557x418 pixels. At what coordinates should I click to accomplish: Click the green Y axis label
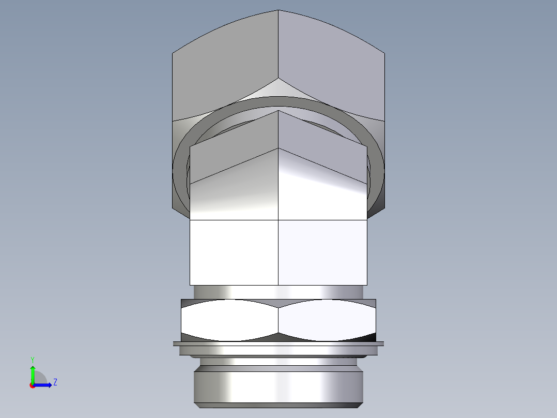[32, 359]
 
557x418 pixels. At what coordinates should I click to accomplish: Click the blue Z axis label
[55, 382]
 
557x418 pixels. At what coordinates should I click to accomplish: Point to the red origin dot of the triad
[32, 385]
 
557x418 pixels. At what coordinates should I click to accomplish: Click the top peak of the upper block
[278, 11]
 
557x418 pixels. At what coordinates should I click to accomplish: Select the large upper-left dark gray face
[225, 67]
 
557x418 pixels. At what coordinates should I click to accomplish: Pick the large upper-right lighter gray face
[331, 65]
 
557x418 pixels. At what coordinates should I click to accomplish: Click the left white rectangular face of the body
[234, 252]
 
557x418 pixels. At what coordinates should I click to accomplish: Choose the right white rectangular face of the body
[323, 252]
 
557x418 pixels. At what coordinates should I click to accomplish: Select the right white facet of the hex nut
[327, 320]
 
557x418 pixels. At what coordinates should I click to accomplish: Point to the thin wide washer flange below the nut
[278, 344]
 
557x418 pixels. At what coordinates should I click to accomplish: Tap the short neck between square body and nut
[278, 292]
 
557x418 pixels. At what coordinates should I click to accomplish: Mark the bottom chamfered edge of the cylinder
[278, 406]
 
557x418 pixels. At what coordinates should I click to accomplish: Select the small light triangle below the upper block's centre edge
[278, 88]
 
